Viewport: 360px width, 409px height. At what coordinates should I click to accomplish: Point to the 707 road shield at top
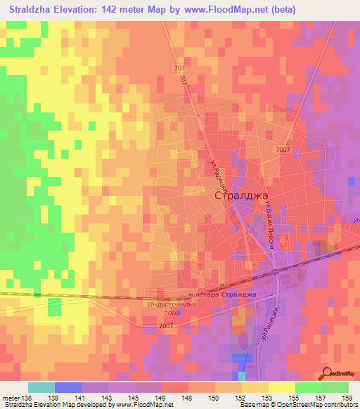point(181,67)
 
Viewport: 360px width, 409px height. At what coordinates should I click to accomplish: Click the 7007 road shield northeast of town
point(284,150)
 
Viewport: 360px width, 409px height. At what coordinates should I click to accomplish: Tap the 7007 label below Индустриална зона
point(167,326)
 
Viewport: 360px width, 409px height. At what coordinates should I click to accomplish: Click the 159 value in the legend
point(337,398)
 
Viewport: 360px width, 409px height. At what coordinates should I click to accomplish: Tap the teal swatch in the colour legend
point(41,387)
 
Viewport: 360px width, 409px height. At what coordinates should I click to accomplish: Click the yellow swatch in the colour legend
point(282,387)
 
